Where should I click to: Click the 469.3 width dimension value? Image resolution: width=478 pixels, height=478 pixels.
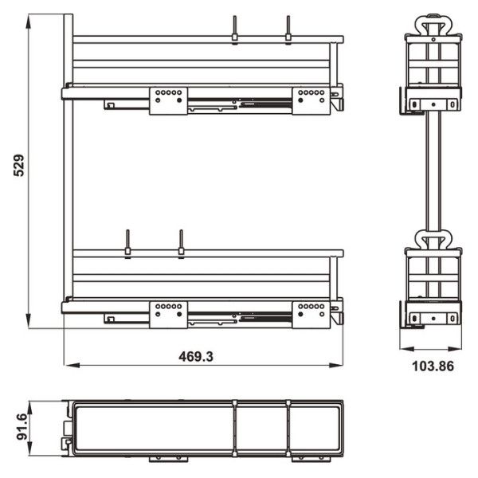point(195,358)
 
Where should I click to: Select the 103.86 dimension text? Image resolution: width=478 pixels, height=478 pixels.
point(432,367)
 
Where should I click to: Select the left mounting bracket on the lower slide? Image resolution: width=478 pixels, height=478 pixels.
point(168,312)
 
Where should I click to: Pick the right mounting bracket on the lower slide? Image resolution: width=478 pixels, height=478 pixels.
point(311,312)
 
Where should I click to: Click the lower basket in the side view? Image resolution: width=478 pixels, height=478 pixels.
point(433,279)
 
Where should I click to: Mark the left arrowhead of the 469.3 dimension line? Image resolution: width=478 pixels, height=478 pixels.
point(68,366)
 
